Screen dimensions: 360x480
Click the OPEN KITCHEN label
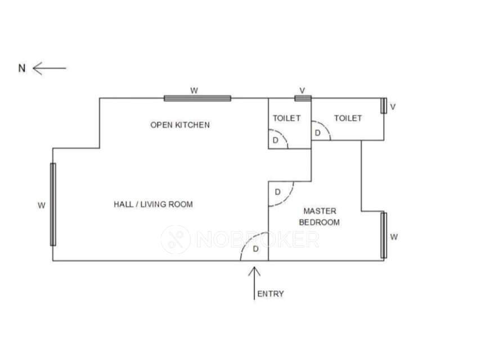click(x=180, y=125)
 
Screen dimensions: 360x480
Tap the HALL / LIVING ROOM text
click(x=153, y=204)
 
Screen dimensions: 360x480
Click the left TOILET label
click(x=286, y=118)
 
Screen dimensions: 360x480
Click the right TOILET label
click(x=348, y=118)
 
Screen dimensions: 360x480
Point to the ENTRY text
click(x=270, y=294)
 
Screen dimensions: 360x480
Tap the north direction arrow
click(x=50, y=68)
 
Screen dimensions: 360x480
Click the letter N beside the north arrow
click(x=22, y=69)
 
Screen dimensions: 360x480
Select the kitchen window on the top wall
click(x=198, y=98)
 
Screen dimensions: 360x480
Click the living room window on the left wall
click(x=53, y=204)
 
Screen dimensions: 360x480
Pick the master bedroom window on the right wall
click(x=384, y=235)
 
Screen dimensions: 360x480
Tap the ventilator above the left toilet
click(x=303, y=98)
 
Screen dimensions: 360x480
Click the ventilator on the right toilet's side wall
click(x=384, y=106)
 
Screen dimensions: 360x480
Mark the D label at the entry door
click(x=255, y=249)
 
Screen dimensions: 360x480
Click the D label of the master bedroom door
click(x=277, y=192)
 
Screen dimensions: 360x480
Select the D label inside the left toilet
click(x=275, y=139)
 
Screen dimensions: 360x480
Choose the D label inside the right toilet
click(x=317, y=133)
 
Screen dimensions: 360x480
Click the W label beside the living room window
click(x=41, y=205)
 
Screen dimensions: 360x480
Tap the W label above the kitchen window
click(x=194, y=90)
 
